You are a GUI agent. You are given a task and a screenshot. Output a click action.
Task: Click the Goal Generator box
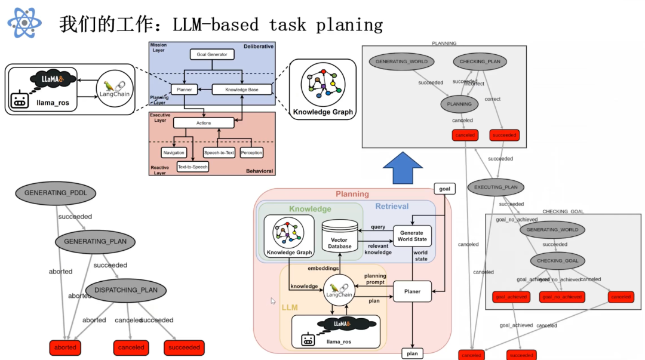tap(212, 54)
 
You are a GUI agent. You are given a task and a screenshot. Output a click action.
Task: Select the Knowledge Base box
tap(242, 90)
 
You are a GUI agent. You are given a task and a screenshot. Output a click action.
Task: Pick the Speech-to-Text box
tap(219, 153)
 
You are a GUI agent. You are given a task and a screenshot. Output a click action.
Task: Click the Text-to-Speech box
tap(192, 167)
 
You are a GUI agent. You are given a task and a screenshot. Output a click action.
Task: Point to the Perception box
tap(251, 153)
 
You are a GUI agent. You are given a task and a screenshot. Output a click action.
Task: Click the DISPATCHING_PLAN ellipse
tap(126, 290)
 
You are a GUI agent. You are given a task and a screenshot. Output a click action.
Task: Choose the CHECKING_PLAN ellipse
tap(480, 61)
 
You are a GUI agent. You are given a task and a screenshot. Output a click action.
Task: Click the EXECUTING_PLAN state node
tap(496, 187)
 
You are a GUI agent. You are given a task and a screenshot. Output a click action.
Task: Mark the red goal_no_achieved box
tap(561, 297)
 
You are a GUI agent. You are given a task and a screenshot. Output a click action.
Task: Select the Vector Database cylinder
tap(339, 236)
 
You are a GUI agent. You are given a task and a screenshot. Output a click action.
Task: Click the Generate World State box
tap(412, 236)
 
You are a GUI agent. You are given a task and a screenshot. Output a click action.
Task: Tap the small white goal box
tap(444, 189)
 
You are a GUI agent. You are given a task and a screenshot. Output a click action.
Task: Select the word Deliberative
tap(258, 47)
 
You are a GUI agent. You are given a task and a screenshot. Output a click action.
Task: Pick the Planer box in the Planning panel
tap(412, 291)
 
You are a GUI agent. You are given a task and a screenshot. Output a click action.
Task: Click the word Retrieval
tap(392, 207)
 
